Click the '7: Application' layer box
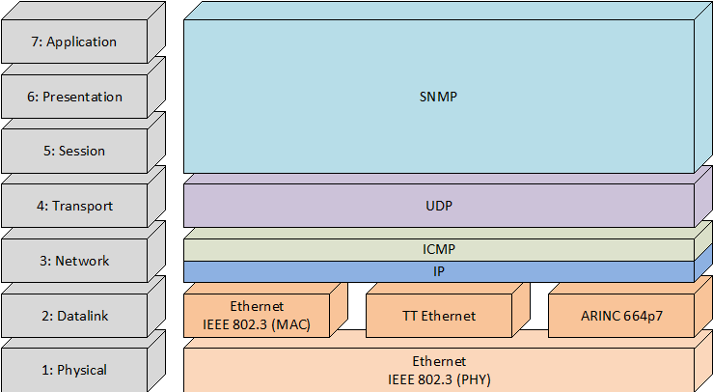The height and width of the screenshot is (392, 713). [74, 42]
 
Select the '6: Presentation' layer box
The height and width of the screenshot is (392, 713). [74, 98]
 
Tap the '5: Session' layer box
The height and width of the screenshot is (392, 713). [74, 152]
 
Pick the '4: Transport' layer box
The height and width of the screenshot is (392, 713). [74, 207]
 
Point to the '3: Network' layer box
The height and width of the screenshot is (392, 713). [74, 261]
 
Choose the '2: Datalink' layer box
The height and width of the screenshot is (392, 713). [74, 316]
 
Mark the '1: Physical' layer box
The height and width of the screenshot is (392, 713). [74, 370]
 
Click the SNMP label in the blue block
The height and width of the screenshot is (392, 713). [439, 98]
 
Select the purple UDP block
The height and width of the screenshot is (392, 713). [439, 206]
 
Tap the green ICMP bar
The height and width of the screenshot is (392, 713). [439, 249]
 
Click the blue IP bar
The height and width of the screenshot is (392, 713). [439, 272]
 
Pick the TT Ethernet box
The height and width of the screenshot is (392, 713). [439, 316]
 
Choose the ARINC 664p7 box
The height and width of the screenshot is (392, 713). [621, 316]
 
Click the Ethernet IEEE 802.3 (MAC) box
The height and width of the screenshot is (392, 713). [257, 316]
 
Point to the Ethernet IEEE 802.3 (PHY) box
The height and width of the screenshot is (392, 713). [439, 370]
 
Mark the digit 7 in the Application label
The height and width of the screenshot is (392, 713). [37, 42]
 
